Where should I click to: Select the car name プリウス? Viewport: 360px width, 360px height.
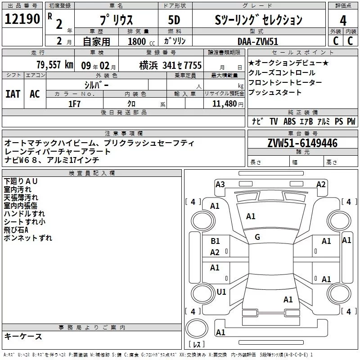[117, 20]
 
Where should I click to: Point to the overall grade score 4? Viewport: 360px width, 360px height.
[343, 21]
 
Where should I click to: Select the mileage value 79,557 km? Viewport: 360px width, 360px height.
[54, 65]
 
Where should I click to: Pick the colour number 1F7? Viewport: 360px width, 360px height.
[74, 103]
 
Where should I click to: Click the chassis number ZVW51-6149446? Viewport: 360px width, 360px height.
[302, 143]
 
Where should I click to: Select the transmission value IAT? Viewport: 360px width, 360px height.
[13, 94]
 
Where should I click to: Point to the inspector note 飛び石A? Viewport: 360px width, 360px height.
[19, 230]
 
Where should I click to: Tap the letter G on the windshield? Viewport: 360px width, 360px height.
[257, 237]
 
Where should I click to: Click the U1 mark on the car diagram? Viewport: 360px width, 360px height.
[221, 292]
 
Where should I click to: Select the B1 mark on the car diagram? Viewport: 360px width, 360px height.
[216, 241]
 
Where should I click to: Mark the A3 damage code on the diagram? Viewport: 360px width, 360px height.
[220, 184]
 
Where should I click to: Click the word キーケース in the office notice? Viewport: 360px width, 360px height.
[23, 336]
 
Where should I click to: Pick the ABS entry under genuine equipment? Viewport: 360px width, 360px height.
[290, 121]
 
